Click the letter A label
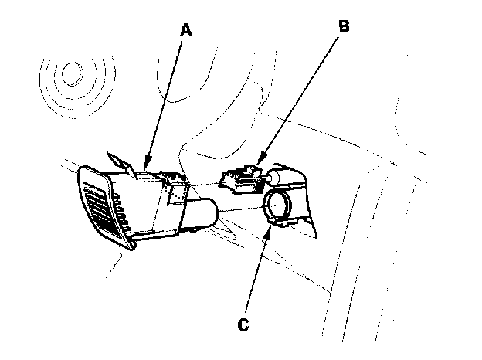[185, 30]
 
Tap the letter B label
[344, 25]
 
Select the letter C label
[243, 324]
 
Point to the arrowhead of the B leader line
[256, 168]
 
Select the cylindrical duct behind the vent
[202, 212]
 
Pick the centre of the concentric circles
[74, 75]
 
